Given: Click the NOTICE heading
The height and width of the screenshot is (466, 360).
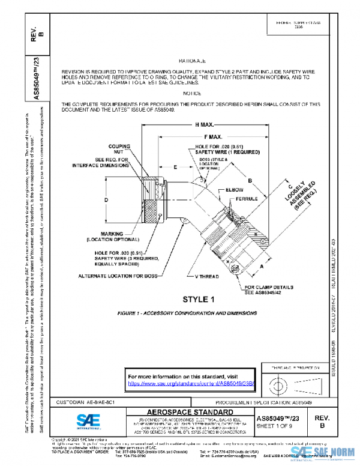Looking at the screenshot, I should [192, 94].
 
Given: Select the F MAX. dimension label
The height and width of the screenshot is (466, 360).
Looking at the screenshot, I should [213, 137].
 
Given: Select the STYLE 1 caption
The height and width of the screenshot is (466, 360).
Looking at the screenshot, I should [198, 299].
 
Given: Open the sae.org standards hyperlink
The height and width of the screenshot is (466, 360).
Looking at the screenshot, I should [192, 383].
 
